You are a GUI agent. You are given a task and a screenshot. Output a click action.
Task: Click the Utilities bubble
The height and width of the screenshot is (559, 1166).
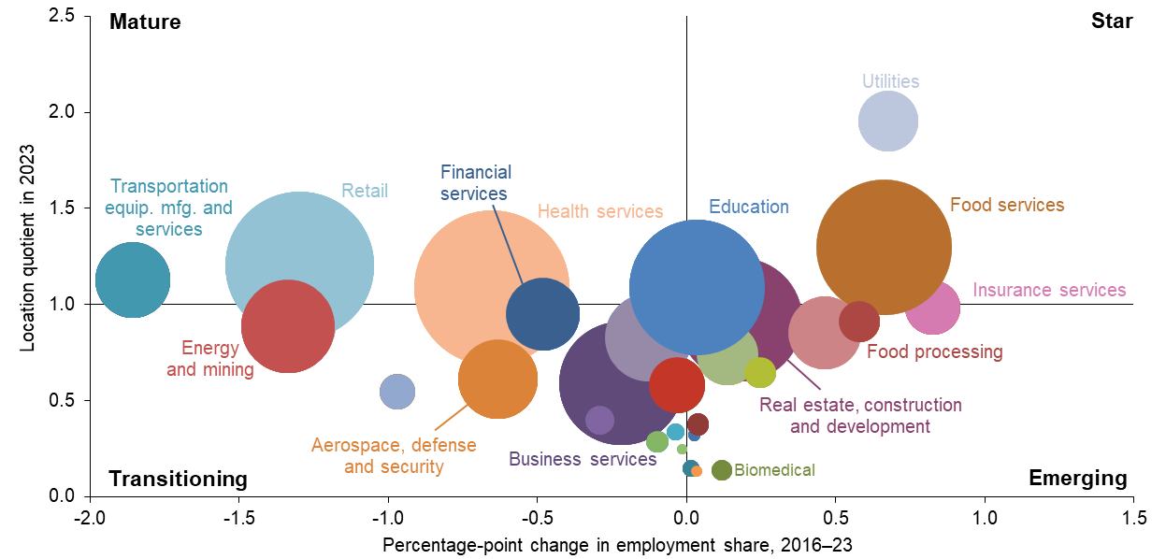tap(888, 122)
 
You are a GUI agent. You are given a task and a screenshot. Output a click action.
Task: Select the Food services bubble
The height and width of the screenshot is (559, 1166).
tap(884, 248)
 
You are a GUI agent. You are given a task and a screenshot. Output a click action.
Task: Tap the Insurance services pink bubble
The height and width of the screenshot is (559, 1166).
tap(933, 307)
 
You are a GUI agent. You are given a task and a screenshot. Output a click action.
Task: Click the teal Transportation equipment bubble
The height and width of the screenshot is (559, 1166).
tap(133, 279)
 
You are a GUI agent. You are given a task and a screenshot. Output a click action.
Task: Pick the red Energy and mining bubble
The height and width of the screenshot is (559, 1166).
tap(288, 326)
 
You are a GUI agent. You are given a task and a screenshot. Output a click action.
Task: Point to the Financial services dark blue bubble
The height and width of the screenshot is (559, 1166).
tap(543, 314)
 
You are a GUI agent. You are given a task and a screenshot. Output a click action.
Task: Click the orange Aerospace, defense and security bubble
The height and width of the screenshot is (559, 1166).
tap(497, 379)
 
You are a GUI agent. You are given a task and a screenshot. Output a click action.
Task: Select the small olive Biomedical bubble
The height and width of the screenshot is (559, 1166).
tap(721, 470)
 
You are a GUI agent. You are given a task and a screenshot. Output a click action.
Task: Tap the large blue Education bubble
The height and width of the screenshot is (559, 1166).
tap(697, 286)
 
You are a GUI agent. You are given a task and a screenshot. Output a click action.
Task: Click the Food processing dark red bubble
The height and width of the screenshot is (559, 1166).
tap(858, 322)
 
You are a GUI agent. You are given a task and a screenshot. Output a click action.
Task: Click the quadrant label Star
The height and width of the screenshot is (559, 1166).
tap(1112, 21)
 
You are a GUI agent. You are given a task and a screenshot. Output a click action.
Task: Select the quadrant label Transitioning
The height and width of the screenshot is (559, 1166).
tap(178, 479)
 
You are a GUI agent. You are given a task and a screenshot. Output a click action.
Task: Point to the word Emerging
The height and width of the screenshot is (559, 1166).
tap(1077, 479)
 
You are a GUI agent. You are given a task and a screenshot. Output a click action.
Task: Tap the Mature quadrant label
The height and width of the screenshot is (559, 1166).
tap(144, 21)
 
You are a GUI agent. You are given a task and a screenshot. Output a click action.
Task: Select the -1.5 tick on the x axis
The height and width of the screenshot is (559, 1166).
tap(238, 515)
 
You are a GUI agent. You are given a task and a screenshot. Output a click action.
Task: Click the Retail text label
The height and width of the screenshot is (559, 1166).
tap(365, 192)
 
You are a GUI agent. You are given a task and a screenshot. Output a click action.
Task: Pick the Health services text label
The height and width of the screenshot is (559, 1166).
tap(600, 212)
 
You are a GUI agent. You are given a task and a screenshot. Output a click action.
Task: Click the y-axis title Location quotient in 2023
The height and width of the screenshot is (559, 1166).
tap(28, 248)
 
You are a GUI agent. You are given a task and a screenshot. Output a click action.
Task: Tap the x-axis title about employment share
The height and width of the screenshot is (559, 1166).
tap(618, 543)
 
